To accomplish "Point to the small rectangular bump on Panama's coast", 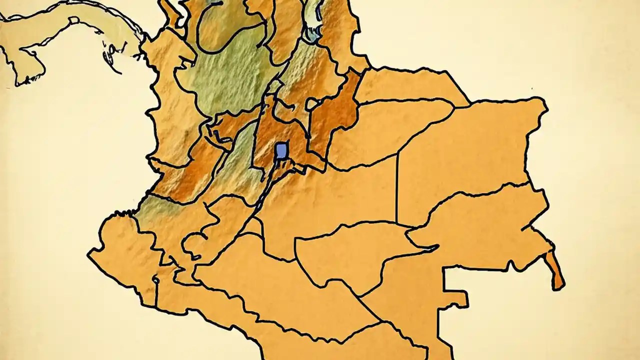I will [74, 20].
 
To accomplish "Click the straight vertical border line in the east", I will [397, 187].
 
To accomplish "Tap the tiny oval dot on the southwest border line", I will [155, 281].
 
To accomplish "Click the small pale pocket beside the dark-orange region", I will [313, 104].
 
